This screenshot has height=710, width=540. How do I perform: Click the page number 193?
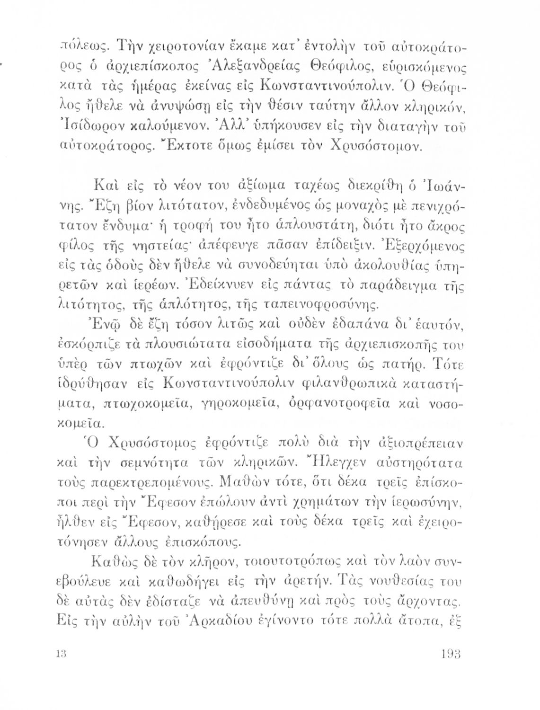(x=451, y=655)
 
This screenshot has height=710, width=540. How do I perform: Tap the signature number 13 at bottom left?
(x=59, y=655)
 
